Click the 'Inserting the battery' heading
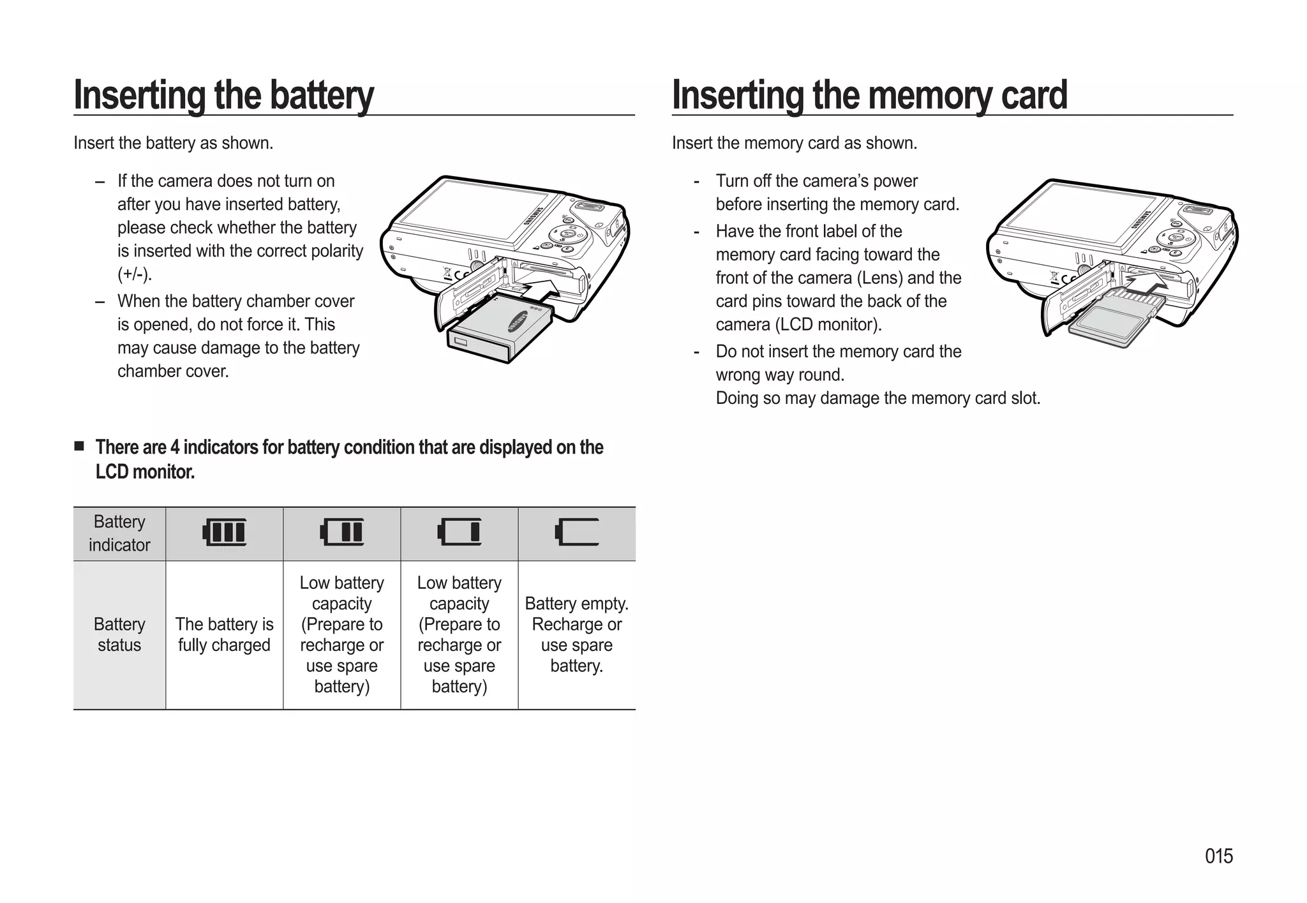point(223,95)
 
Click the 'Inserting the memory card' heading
point(869,95)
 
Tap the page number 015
point(1218,856)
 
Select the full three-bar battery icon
point(225,532)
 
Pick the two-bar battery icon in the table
point(342,532)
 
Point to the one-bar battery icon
point(459,532)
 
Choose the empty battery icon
point(577,532)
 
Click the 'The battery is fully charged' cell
point(225,634)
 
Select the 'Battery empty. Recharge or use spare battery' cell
point(577,634)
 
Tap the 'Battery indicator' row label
point(119,534)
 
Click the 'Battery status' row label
point(119,634)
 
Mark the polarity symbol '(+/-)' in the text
point(135,274)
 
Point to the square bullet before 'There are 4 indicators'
point(79,446)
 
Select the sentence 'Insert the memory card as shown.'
point(795,143)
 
